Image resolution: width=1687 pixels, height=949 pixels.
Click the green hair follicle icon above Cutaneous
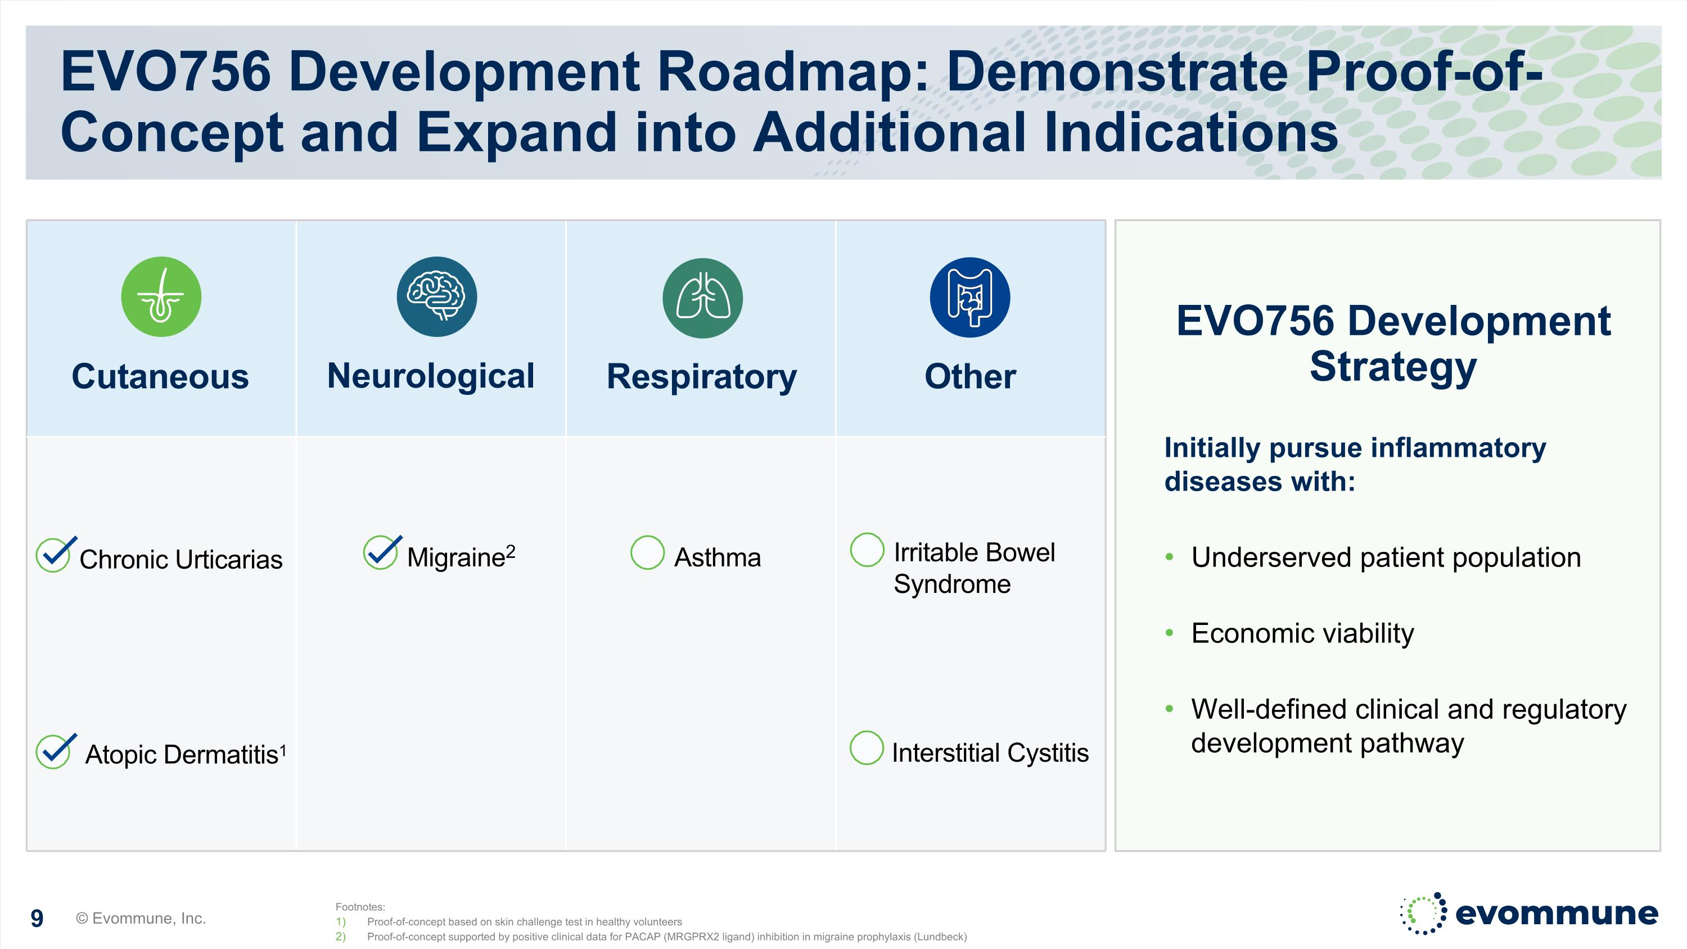click(x=161, y=296)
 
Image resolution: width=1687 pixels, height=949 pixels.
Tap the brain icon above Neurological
click(x=437, y=296)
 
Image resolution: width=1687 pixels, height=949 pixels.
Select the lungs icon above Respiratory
click(x=703, y=298)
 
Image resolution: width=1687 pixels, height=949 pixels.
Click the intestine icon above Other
click(x=970, y=298)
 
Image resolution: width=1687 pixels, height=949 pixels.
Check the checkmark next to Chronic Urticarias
click(x=55, y=554)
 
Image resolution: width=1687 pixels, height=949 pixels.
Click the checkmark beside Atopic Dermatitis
click(x=55, y=750)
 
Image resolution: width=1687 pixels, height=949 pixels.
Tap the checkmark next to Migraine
click(x=381, y=552)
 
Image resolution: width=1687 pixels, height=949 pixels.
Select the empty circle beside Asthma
click(x=647, y=552)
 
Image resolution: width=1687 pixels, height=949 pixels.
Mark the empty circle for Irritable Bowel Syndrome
click(x=867, y=550)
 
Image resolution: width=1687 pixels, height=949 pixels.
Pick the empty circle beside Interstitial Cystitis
click(x=867, y=747)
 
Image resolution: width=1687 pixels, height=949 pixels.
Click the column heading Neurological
click(x=430, y=376)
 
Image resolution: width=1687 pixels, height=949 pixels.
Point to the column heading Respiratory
click(x=701, y=376)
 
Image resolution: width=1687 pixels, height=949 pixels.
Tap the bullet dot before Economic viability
click(x=1170, y=633)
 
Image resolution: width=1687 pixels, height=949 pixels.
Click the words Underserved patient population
click(x=1386, y=557)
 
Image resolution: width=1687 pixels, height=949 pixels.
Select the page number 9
click(x=37, y=918)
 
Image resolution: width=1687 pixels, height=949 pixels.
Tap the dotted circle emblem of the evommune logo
click(x=1423, y=913)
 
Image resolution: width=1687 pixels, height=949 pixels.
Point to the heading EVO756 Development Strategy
click(x=1393, y=343)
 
